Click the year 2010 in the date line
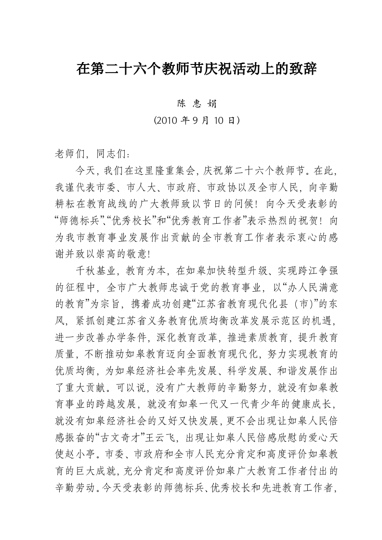(x=165, y=120)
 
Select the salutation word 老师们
(x=68, y=154)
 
